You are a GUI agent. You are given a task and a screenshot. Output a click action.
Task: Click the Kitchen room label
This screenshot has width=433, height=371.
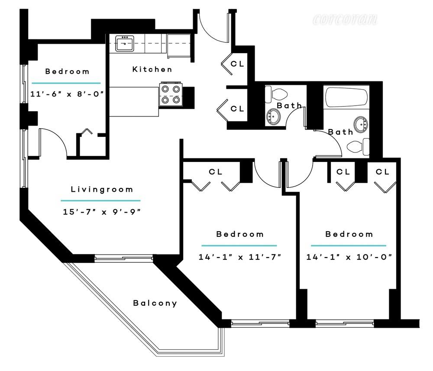(x=152, y=69)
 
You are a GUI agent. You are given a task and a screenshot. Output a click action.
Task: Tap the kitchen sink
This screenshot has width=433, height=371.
(x=125, y=43)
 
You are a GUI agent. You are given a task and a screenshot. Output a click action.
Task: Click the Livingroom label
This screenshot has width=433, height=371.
(x=102, y=189)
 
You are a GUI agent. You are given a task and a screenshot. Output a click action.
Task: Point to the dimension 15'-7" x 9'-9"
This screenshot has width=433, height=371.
(x=102, y=212)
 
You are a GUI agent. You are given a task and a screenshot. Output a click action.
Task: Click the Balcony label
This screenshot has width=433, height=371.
(x=155, y=303)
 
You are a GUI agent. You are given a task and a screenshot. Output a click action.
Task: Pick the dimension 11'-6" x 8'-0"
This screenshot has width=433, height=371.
(x=67, y=94)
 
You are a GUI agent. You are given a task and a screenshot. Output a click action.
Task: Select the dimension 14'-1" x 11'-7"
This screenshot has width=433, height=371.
(x=240, y=257)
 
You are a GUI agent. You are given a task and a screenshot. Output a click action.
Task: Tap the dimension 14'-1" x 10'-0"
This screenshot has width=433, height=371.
(x=349, y=257)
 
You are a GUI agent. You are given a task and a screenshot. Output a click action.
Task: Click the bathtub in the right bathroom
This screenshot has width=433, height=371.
(x=346, y=97)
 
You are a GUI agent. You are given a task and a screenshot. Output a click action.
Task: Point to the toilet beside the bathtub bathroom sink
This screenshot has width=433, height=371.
(x=358, y=147)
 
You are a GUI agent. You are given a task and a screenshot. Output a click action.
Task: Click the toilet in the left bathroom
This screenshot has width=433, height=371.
(x=276, y=94)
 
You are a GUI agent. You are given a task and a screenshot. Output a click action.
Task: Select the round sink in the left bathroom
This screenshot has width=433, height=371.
(x=273, y=117)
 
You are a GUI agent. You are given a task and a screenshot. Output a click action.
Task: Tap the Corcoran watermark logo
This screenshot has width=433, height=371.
(x=345, y=19)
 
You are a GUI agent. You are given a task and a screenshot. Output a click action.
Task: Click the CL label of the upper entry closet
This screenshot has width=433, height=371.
(x=237, y=64)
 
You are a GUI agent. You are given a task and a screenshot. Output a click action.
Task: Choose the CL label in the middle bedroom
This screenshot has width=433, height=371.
(x=215, y=172)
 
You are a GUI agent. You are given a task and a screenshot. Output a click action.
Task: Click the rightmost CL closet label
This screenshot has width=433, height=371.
(x=382, y=172)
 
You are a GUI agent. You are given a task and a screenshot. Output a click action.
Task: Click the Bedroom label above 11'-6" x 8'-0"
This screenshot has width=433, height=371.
(x=68, y=71)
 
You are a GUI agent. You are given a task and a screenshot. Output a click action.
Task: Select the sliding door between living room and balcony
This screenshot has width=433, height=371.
(x=124, y=258)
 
